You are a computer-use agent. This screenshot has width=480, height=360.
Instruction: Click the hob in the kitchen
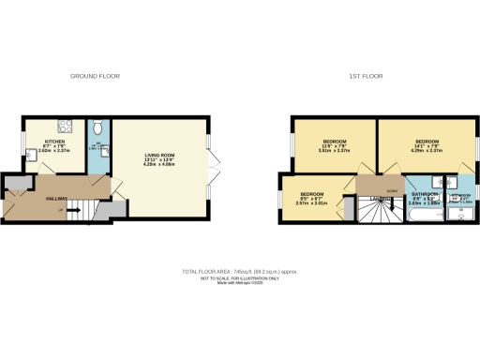tap(67, 127)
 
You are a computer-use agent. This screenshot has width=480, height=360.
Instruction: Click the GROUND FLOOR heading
tap(96, 76)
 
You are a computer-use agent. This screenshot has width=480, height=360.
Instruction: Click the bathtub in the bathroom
tap(418, 215)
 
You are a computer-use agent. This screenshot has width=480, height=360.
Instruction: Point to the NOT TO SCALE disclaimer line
tap(240, 278)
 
